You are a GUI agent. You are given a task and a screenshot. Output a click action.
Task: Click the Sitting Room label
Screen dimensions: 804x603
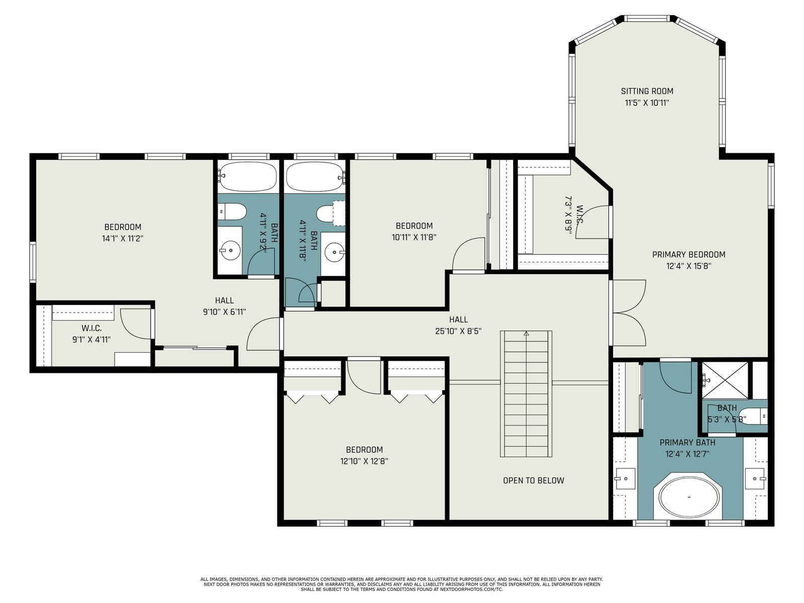[647, 91]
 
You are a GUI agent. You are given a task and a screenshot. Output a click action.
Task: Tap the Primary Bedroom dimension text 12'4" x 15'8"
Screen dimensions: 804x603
[688, 266]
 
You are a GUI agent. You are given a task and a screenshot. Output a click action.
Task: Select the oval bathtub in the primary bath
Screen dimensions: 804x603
[689, 497]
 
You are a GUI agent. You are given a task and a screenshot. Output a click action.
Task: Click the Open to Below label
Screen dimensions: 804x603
[533, 480]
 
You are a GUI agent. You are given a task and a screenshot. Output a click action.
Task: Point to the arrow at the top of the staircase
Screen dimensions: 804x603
[526, 334]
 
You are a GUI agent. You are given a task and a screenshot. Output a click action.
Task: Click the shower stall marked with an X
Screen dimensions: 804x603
[725, 380]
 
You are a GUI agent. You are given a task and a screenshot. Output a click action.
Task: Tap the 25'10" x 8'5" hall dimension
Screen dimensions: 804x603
[458, 331]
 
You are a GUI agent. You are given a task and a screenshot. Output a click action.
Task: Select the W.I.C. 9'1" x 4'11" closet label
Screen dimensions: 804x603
[91, 334]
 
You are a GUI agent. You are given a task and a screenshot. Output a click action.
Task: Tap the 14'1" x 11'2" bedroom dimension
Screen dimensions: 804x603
[122, 239]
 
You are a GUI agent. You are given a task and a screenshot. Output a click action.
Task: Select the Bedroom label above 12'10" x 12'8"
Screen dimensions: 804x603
[364, 450]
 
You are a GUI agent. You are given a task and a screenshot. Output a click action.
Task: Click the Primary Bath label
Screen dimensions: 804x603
[687, 443]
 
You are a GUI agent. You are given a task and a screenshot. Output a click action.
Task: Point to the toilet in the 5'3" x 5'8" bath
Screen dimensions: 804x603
[752, 417]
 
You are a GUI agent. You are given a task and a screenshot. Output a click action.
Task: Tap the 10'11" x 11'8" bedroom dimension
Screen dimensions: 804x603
[414, 237]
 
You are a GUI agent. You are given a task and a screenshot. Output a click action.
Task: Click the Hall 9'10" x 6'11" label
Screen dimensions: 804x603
[224, 306]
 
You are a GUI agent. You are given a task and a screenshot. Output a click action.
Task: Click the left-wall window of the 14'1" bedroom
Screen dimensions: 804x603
[33, 262]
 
